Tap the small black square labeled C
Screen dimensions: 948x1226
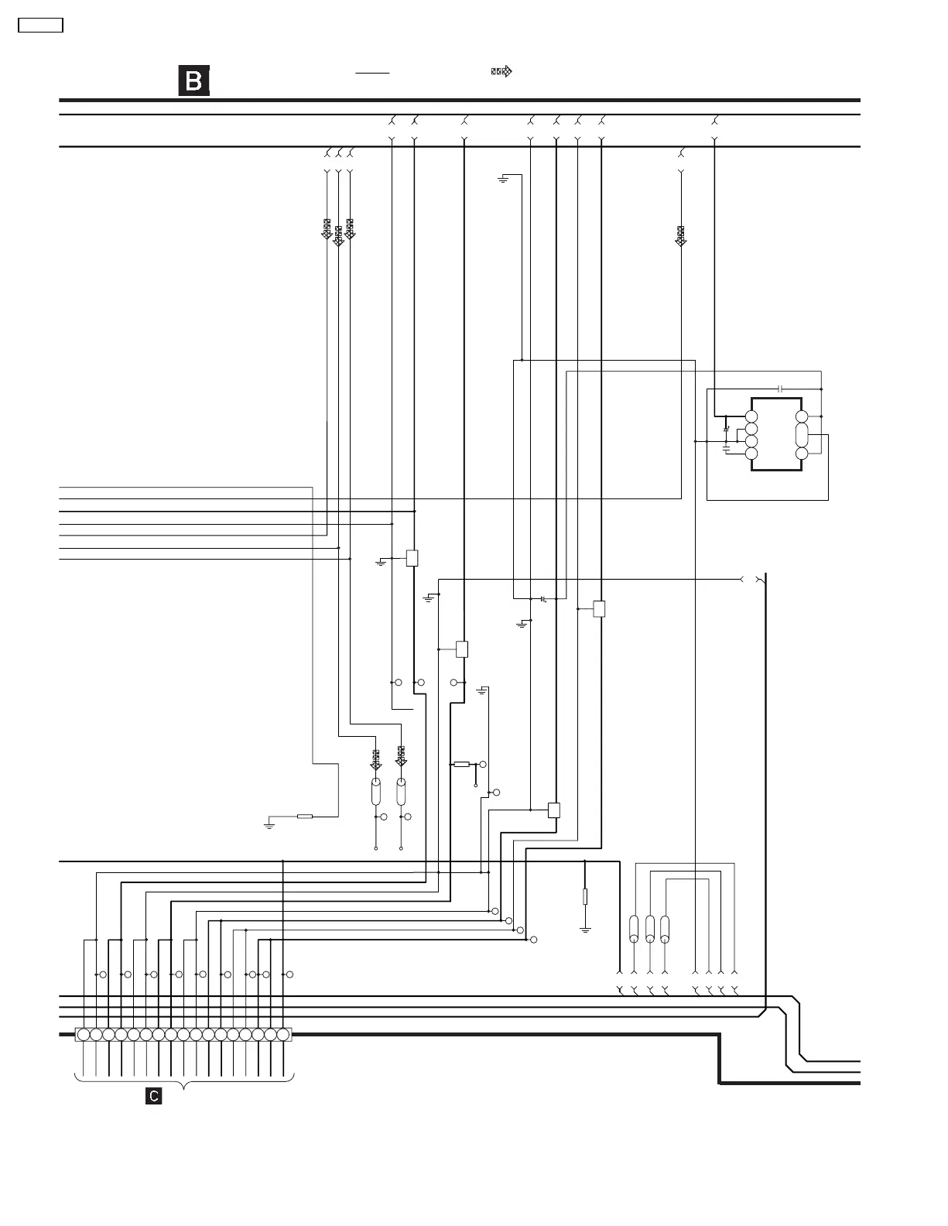tap(154, 1096)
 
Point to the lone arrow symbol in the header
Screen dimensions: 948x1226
tap(501, 72)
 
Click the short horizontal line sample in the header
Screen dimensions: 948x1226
tap(372, 72)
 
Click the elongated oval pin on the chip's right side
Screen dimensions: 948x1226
tap(802, 433)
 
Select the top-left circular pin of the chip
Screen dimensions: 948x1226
tap(751, 416)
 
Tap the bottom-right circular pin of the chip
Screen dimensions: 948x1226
tap(802, 453)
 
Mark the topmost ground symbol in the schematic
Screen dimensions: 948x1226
tap(503, 180)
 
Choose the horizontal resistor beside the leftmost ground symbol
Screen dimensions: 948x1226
tap(305, 816)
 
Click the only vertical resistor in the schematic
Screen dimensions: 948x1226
tap(585, 897)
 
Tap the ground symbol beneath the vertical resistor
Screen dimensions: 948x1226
tap(585, 928)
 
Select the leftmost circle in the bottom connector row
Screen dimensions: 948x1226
tap(84, 1035)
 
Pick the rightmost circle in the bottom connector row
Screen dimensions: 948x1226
tap(283, 1035)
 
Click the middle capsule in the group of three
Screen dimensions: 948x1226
tap(650, 928)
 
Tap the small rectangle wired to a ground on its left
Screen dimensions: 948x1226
tap(412, 557)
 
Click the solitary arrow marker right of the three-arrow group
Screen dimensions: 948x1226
tap(680, 235)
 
